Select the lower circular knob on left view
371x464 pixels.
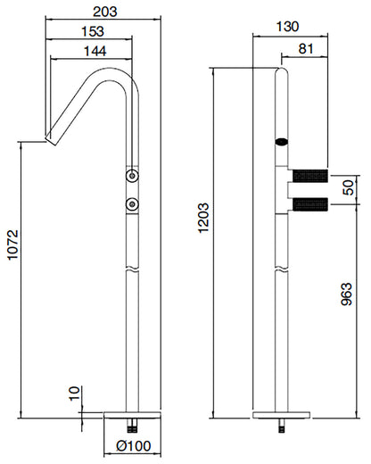pos(133,204)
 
